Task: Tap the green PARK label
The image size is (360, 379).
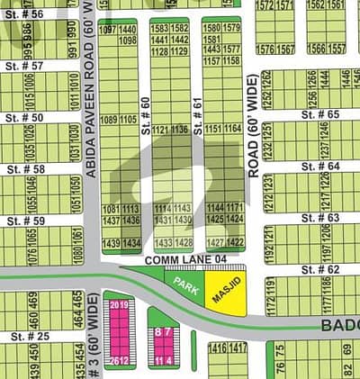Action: (x=186, y=286)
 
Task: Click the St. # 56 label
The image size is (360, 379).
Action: (x=22, y=15)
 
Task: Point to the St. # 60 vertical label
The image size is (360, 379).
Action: (x=146, y=116)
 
